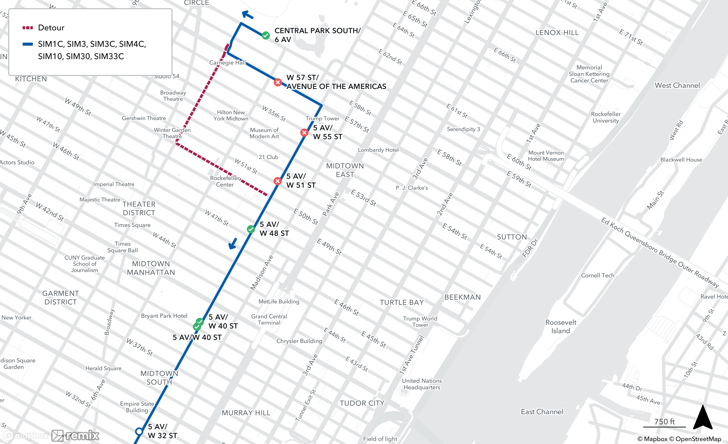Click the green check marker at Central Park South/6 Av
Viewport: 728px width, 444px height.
(x=266, y=35)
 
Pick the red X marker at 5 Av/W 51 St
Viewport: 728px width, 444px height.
(x=277, y=181)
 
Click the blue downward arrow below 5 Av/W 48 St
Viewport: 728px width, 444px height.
(x=233, y=244)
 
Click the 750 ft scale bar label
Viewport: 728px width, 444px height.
(x=664, y=421)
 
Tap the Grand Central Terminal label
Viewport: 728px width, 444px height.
(x=269, y=319)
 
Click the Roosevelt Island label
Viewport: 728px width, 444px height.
(x=560, y=326)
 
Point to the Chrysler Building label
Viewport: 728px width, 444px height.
(x=299, y=341)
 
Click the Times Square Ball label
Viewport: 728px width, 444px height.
(x=123, y=247)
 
